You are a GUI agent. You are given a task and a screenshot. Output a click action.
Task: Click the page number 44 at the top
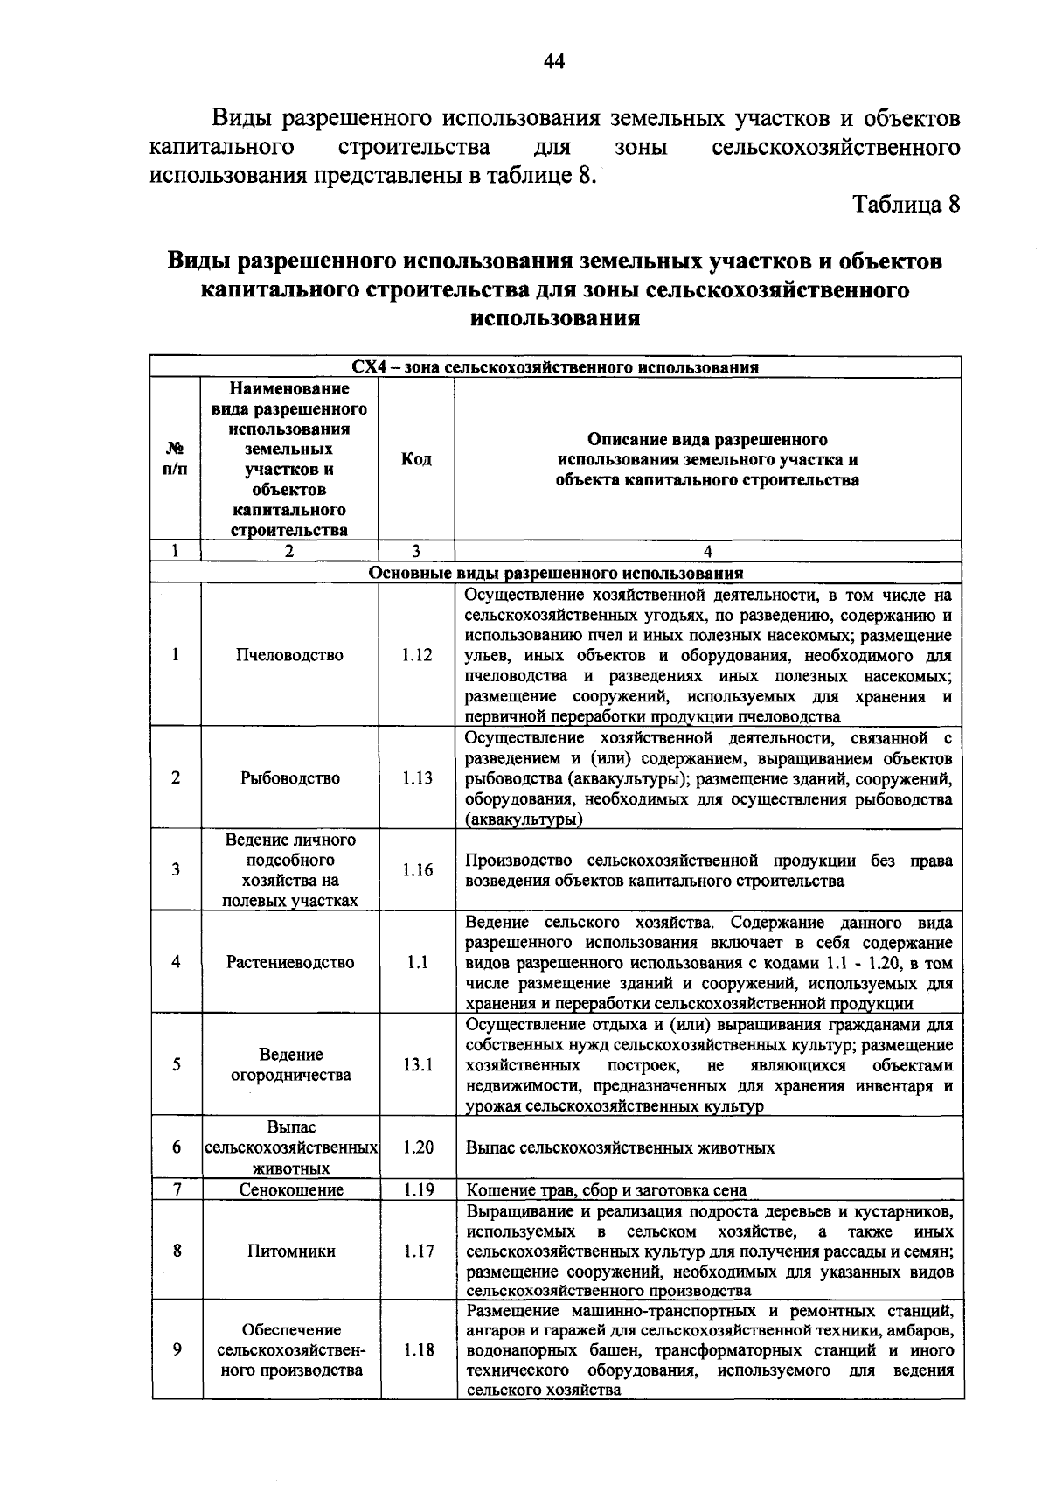[x=554, y=60]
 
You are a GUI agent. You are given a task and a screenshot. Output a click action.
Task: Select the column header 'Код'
[x=416, y=459]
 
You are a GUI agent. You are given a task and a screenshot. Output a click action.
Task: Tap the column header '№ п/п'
[x=175, y=458]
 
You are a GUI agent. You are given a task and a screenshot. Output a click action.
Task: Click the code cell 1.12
[x=417, y=654]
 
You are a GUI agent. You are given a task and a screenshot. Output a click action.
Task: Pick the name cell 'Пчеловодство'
[x=289, y=654]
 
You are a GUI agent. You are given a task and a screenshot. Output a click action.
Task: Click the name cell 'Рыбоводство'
[x=289, y=777]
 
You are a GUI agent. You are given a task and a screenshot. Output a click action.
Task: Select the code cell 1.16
[x=417, y=869]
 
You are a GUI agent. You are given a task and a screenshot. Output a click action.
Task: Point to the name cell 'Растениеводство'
[x=290, y=962]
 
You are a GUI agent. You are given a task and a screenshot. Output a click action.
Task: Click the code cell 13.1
[x=417, y=1064]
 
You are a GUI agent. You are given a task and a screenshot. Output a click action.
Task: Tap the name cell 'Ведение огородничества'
[x=290, y=1064]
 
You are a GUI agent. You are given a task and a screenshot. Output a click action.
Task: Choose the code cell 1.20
[x=418, y=1147]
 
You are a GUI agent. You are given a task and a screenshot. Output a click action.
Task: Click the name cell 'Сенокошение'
[x=291, y=1189]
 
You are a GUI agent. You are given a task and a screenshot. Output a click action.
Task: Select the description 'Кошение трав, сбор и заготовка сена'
[x=606, y=1189]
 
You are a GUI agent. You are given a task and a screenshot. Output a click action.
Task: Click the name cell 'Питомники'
[x=291, y=1251]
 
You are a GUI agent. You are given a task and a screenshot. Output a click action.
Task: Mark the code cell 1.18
[x=419, y=1349]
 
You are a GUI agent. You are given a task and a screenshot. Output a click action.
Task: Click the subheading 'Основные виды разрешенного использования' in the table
[x=556, y=573]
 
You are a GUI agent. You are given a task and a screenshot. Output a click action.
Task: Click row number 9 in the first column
[x=177, y=1349]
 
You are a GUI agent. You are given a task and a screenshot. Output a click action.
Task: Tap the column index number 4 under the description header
[x=707, y=551]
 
